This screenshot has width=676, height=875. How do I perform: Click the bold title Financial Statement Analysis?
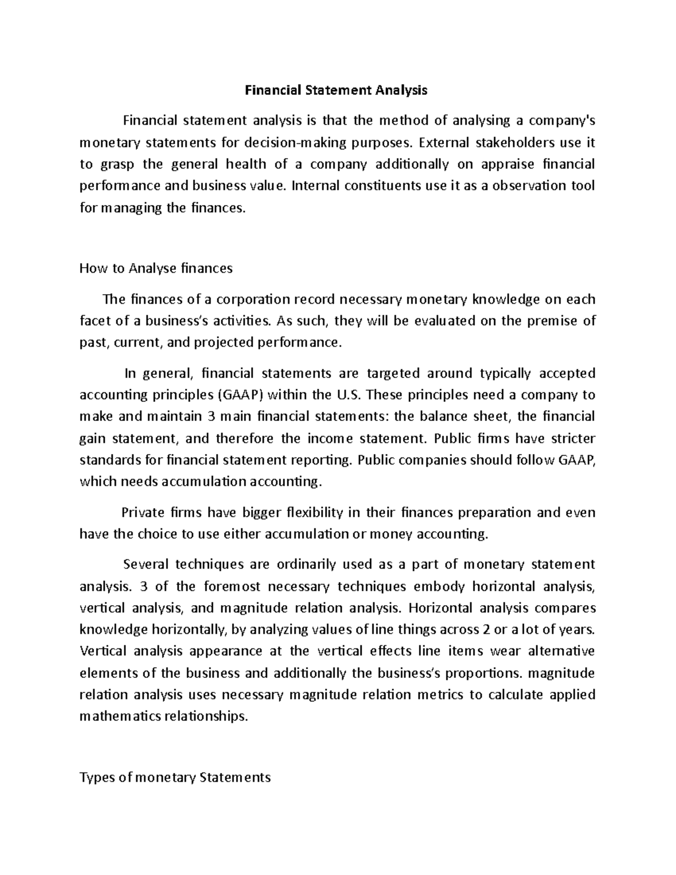pos(336,90)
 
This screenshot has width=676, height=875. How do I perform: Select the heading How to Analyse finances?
pos(156,268)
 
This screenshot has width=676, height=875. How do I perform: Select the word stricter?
pos(570,438)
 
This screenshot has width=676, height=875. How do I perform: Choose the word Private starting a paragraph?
pos(144,513)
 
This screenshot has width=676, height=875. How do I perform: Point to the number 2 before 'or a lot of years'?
pos(485,629)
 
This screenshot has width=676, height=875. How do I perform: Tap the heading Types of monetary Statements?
pos(175,778)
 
